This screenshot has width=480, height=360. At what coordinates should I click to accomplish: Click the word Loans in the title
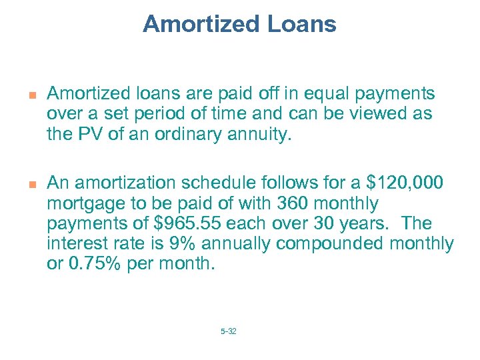(303, 25)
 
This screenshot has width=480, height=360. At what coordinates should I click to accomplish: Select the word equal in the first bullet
(325, 94)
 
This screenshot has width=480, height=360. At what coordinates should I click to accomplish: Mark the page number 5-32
(228, 331)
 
